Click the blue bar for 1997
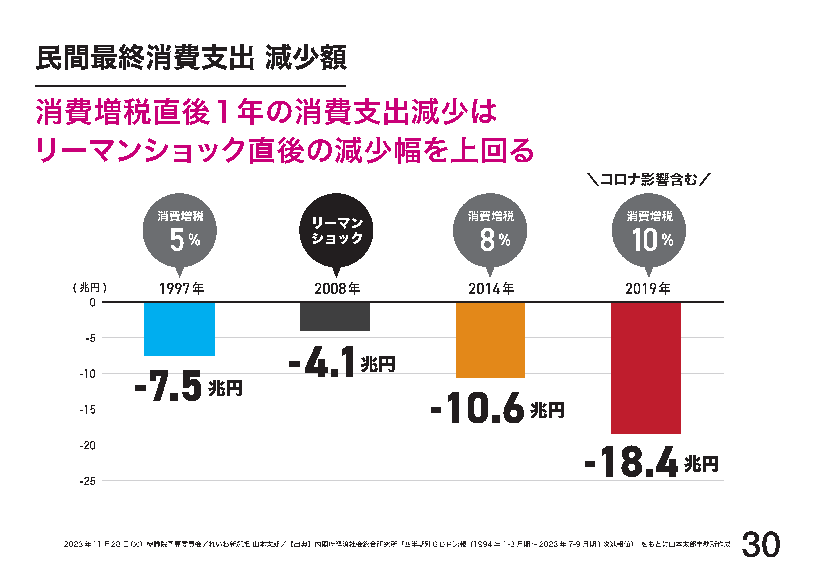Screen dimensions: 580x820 click(179, 329)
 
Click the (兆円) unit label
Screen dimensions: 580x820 click(90, 287)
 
